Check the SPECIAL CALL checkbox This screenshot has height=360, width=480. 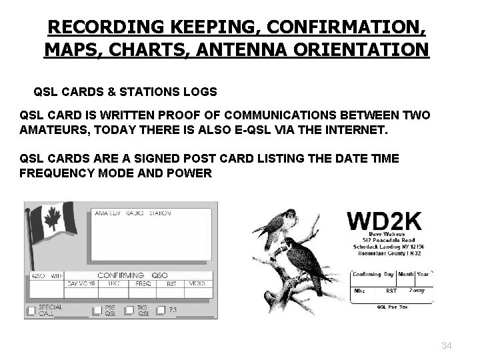point(31,310)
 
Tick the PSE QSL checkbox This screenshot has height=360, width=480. point(97,310)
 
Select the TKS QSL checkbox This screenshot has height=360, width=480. point(129,310)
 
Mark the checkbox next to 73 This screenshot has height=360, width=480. point(161,310)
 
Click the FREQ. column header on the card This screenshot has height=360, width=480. point(143,283)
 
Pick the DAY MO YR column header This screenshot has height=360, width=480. point(81,283)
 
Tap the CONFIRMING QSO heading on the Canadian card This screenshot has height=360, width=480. point(133,275)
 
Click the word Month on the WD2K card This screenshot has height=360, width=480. point(406,274)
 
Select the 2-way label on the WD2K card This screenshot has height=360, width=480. point(417,291)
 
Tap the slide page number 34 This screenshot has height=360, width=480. point(446,345)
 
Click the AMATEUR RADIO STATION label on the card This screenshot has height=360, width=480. point(133,213)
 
